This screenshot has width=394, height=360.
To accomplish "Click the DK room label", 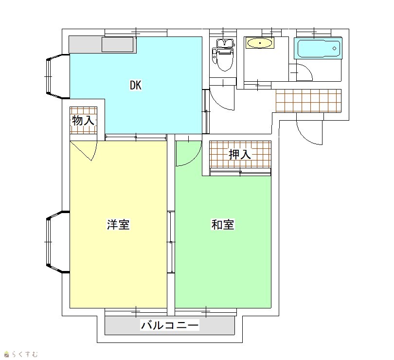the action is (x=136, y=85).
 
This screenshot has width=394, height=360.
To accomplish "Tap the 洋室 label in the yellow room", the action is (x=118, y=224).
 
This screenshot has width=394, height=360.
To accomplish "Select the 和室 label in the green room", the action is (x=223, y=224).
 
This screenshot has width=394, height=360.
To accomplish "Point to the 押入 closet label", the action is (x=240, y=154).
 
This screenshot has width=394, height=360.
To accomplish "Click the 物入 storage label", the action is (x=83, y=121).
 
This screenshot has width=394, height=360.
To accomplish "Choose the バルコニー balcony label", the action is (x=170, y=325).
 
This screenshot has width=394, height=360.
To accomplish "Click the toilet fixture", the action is (x=223, y=55).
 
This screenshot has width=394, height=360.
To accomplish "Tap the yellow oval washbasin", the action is (x=260, y=43).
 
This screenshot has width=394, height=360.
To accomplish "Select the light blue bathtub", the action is (x=319, y=48).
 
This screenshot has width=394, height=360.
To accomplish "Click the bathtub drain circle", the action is (x=335, y=48).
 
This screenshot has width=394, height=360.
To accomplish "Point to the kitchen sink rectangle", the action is (x=117, y=45).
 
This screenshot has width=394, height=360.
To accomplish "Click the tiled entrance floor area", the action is (x=308, y=101).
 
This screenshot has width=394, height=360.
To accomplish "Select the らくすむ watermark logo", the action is (x=21, y=354).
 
